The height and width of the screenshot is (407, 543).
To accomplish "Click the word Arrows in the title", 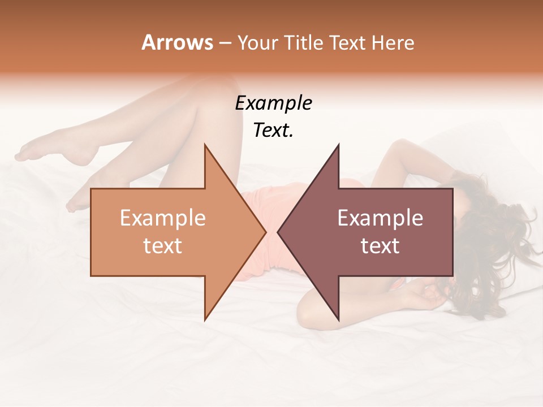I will tap(177, 43).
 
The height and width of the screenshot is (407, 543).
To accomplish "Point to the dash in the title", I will tap(225, 44).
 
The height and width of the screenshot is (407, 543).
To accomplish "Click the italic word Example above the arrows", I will tap(273, 103).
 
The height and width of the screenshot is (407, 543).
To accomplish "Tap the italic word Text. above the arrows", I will tap(273, 131).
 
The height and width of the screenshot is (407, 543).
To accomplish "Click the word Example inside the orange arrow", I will tap(162, 218).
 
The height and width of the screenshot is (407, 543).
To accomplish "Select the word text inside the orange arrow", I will tap(162, 246).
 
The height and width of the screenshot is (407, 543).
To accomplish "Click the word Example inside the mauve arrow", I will tap(380, 218).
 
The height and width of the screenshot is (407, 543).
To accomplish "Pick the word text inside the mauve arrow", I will tap(380, 246).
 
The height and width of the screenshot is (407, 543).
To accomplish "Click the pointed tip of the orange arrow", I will tap(264, 231).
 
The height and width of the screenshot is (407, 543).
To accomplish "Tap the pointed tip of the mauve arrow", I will tap(279, 231).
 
